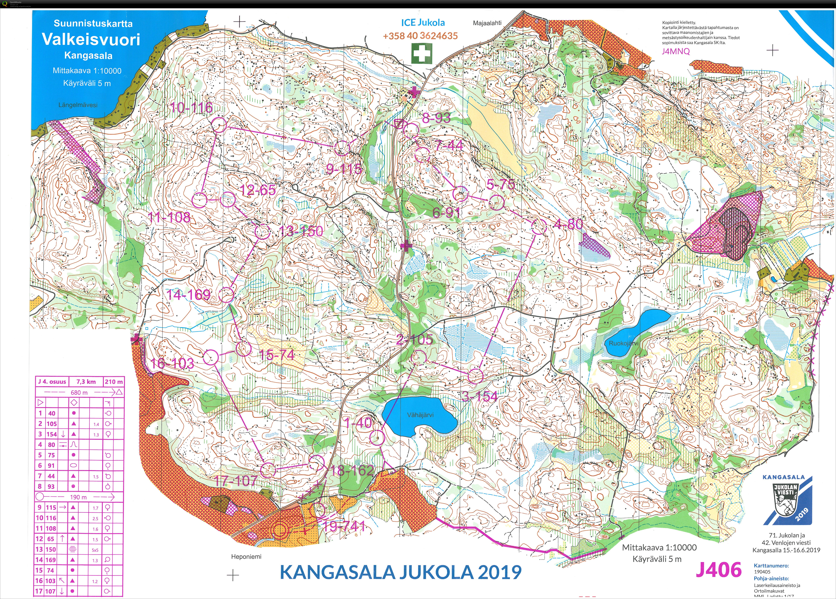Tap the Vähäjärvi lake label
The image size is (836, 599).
click(420, 415)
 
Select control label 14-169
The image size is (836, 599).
click(188, 295)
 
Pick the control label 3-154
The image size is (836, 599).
click(480, 396)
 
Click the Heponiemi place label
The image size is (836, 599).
click(246, 557)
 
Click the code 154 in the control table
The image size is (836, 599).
click(52, 434)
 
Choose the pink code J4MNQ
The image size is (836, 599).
click(676, 51)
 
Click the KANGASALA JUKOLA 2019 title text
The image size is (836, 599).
click(401, 572)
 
